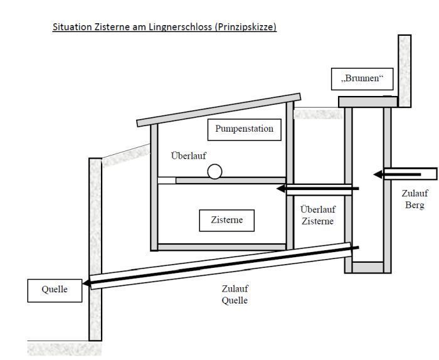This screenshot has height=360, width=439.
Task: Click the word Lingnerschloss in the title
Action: (181, 27)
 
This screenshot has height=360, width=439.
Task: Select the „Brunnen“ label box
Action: (362, 79)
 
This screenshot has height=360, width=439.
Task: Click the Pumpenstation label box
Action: (245, 130)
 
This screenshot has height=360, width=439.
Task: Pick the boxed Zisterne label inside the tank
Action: (227, 220)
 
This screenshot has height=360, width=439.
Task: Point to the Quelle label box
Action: (55, 290)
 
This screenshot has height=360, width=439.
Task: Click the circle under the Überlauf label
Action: (214, 171)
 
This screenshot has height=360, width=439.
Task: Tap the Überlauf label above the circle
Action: (188, 156)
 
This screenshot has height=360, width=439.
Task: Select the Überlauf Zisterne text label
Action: (318, 215)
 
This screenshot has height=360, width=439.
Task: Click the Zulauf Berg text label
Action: (415, 199)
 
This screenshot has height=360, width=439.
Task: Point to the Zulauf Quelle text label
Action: (235, 295)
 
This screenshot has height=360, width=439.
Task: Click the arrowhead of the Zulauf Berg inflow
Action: (378, 174)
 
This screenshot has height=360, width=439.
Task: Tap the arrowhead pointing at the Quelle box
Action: (87, 283)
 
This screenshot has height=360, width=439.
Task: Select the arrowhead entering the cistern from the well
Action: (281, 189)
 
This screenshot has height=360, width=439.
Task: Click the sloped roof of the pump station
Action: (219, 110)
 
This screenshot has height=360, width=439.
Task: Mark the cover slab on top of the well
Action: (368, 102)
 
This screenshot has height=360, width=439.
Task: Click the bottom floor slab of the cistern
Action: (222, 247)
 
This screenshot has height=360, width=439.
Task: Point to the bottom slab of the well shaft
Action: (368, 267)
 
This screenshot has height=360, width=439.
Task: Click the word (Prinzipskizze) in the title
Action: (246, 27)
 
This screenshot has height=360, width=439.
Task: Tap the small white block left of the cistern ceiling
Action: (167, 180)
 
